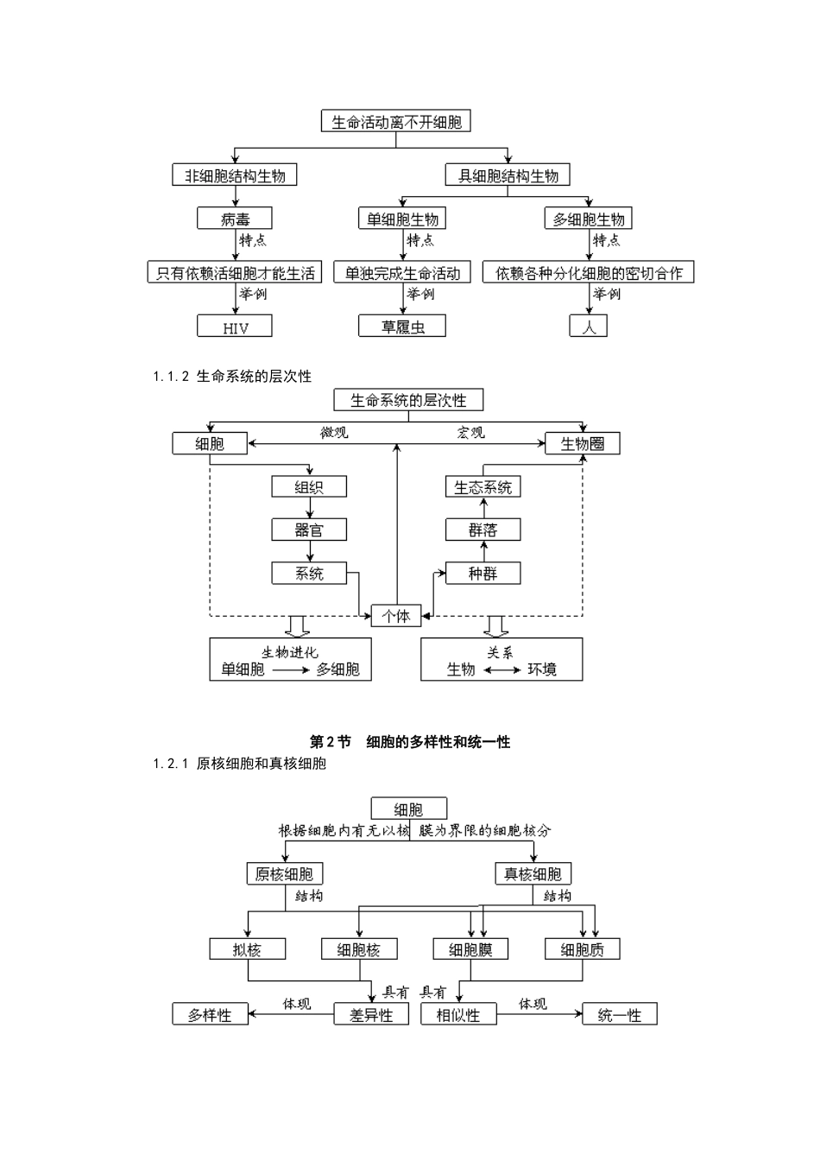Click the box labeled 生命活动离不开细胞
tap(396, 122)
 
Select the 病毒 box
tap(235, 219)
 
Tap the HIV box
tap(235, 327)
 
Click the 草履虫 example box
tap(402, 327)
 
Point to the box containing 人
tap(589, 327)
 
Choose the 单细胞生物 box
tap(402, 219)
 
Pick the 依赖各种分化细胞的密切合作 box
tap(589, 273)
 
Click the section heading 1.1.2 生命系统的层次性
tap(232, 377)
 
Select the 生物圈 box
tap(583, 444)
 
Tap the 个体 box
tap(396, 616)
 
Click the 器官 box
tap(309, 530)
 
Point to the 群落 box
tap(483, 530)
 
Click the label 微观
tap(334, 432)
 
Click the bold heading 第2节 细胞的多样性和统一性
tap(410, 742)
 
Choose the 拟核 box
tap(247, 949)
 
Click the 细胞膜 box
tap(470, 949)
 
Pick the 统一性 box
tap(620, 1015)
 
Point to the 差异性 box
tap(371, 1015)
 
